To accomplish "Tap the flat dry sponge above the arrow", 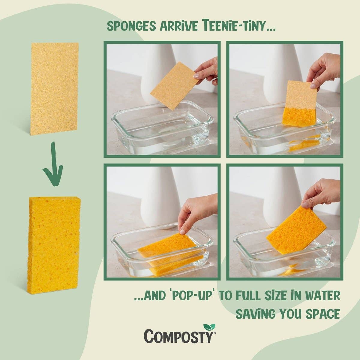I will (55, 89).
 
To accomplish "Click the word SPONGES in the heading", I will (131, 27).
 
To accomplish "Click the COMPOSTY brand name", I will (179, 335).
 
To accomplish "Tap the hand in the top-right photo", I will (322, 69).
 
